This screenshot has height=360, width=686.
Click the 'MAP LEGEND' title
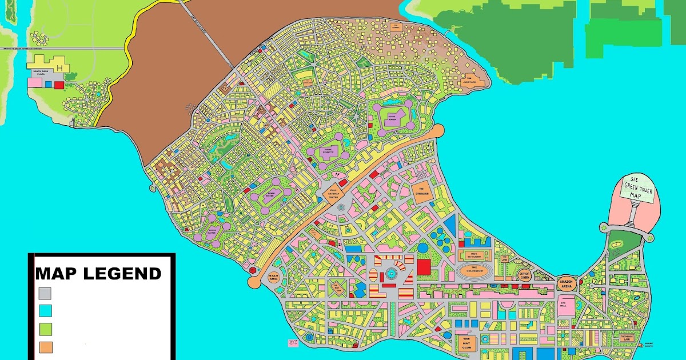(98, 273)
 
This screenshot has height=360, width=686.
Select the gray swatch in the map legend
(45, 293)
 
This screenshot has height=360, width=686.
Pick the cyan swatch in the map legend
(45, 311)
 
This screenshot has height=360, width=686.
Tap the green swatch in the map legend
(45, 329)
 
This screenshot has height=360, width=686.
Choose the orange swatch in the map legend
(45, 347)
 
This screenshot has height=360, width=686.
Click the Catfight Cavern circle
(525, 275)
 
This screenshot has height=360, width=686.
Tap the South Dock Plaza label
(43, 73)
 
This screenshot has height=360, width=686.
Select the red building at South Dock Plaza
(59, 85)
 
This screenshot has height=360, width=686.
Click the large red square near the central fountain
(424, 267)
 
